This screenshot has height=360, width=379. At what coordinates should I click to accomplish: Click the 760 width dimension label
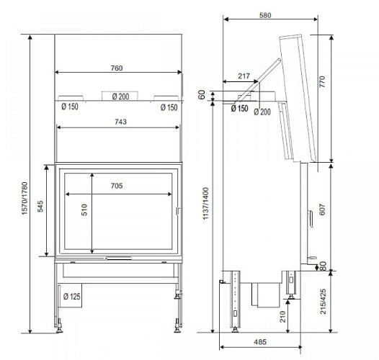pyautogui.click(x=117, y=68)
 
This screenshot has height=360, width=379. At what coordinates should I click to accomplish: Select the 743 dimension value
pyautogui.click(x=120, y=122)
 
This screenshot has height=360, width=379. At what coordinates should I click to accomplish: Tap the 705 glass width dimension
pyautogui.click(x=117, y=186)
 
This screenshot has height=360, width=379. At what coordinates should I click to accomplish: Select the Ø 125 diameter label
pyautogui.click(x=71, y=297)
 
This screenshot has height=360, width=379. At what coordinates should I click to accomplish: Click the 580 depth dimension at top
pyautogui.click(x=266, y=14)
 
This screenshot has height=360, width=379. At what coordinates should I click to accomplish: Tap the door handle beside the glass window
pyautogui.click(x=177, y=211)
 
